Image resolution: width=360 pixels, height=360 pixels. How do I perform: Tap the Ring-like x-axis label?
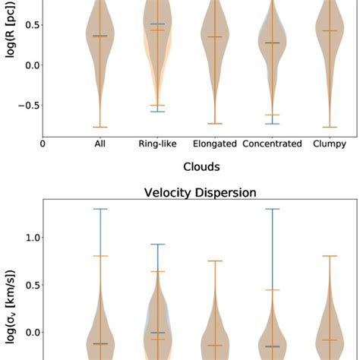coord(158,143)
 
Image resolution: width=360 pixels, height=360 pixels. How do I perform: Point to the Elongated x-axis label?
coord(215,143)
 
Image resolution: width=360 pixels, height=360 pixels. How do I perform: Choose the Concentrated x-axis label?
coord(273,143)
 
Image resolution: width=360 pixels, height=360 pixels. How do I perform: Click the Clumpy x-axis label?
coord(329,143)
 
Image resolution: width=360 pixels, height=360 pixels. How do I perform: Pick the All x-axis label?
coord(100,143)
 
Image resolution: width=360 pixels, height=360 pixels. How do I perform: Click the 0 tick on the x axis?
coord(43,143)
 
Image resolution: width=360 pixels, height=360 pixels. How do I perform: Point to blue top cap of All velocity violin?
coord(100,209)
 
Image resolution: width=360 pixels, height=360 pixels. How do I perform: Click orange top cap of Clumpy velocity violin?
coord(329,256)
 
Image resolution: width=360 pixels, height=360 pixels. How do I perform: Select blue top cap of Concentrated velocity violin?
coord(273,209)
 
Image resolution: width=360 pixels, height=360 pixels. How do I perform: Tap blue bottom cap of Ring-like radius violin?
coord(158,112)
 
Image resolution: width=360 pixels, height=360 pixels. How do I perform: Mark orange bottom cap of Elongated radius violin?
coord(215,123)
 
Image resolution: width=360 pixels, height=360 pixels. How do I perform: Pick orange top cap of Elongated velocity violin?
coord(215,261)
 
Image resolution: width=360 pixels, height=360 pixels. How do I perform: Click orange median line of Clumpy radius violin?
coord(329,30)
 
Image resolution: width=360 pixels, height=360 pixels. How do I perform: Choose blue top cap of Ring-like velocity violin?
coord(158,244)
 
